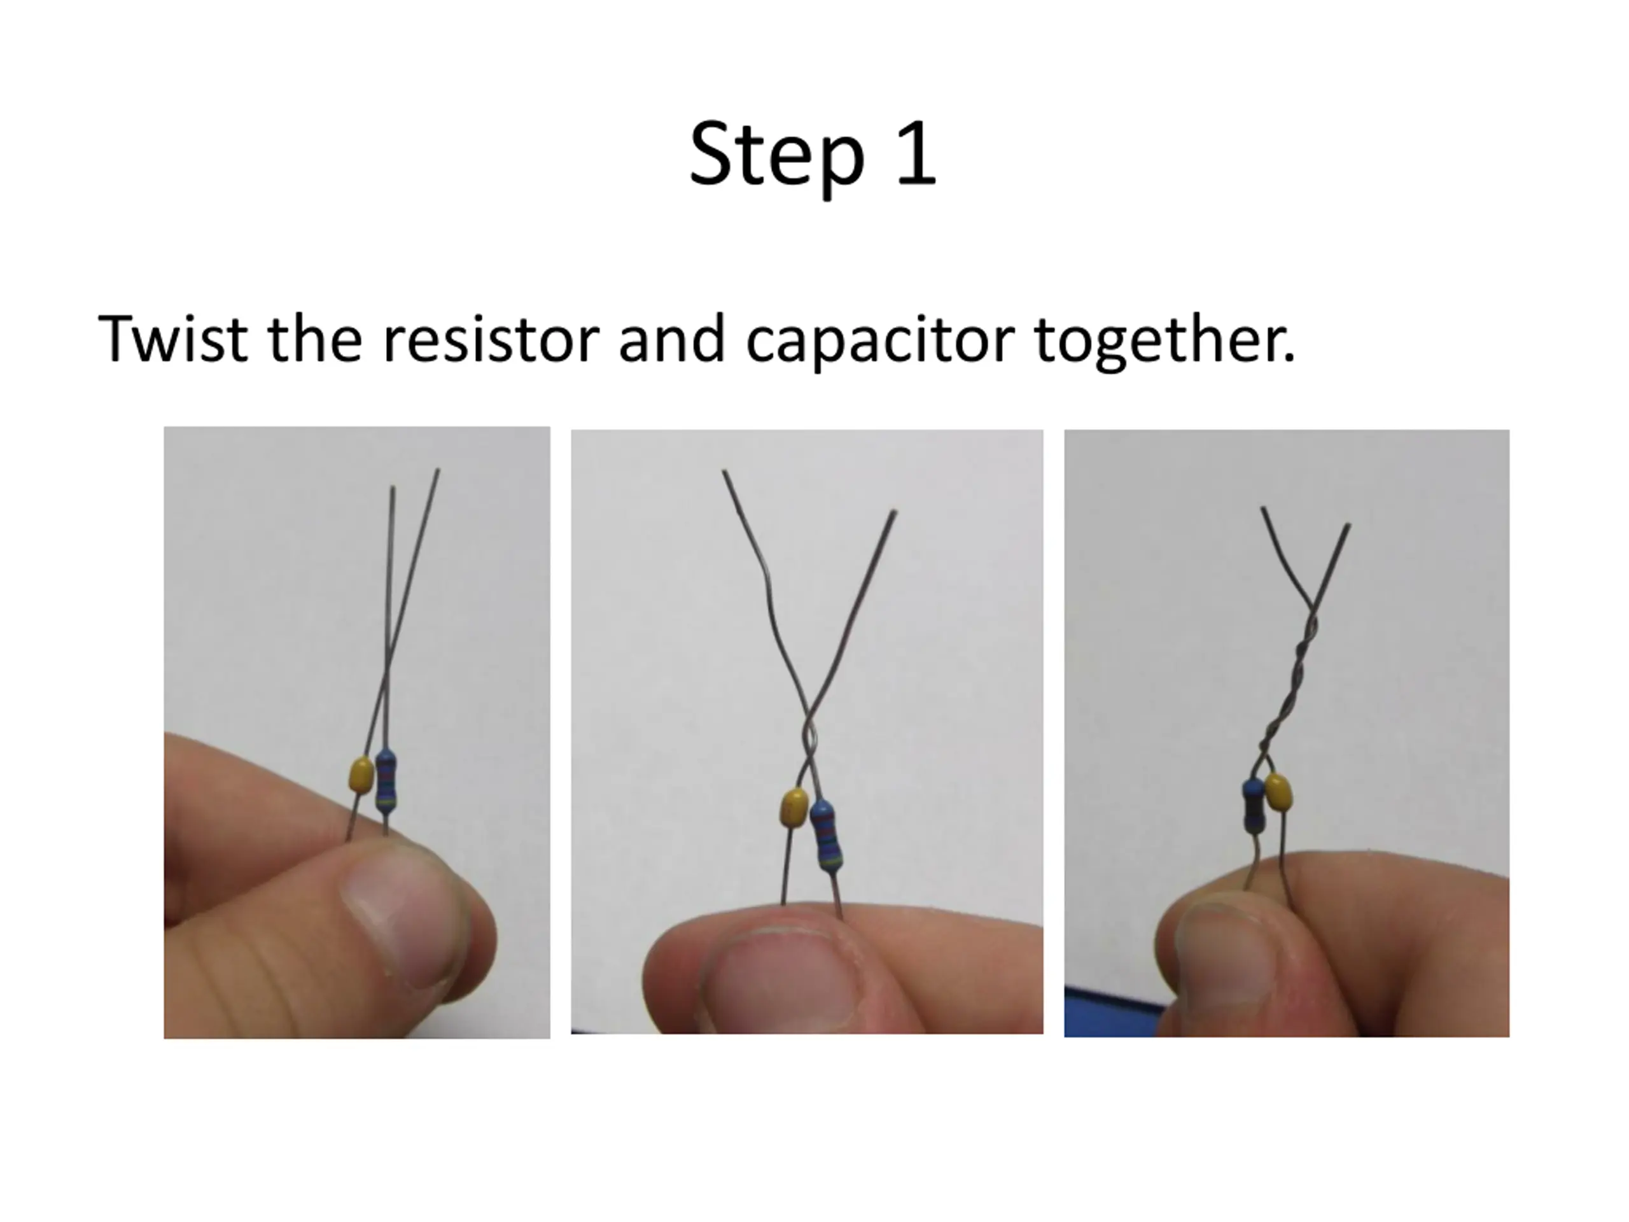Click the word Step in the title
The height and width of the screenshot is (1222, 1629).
[x=776, y=156]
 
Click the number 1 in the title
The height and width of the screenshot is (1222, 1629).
[x=917, y=153]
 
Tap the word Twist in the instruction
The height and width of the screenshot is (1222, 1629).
[x=172, y=339]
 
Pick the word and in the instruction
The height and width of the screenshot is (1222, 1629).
[x=671, y=339]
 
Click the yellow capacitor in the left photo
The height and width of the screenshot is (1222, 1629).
[x=361, y=774]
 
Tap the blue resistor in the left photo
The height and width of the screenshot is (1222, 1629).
[x=385, y=781]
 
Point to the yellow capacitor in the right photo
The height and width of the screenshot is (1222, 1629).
[x=1278, y=793]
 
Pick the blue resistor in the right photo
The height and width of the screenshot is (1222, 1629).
[x=1253, y=805]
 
